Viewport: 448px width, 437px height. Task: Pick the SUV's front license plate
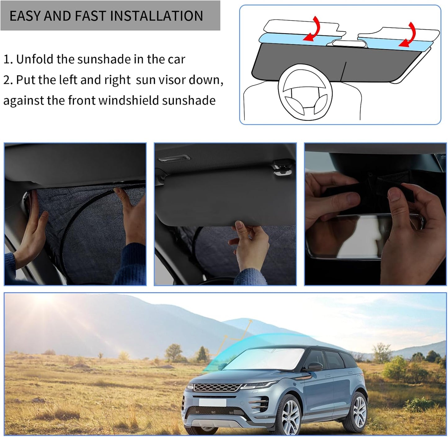[x=212, y=402]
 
